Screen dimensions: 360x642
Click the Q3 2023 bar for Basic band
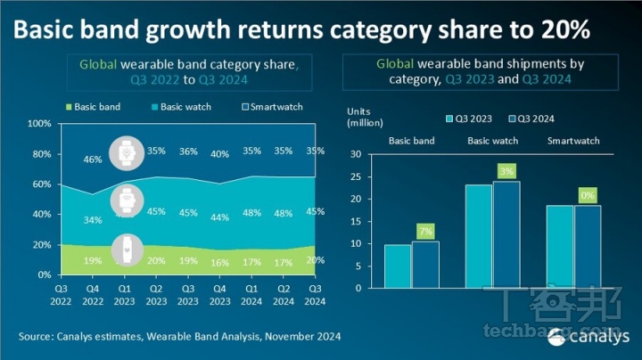[398, 266]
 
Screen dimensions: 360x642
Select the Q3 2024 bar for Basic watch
[506, 234]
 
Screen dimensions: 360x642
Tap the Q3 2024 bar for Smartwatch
[588, 247]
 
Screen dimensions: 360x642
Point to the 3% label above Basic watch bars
[506, 171]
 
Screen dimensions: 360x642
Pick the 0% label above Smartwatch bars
[588, 195]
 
